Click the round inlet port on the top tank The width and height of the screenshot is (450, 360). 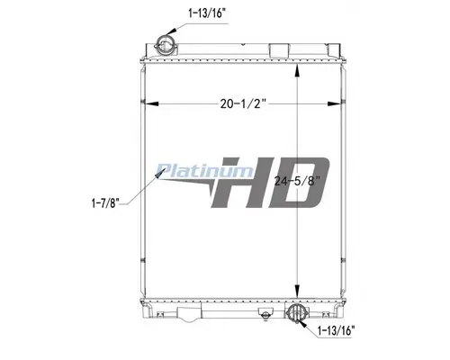click(166, 42)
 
